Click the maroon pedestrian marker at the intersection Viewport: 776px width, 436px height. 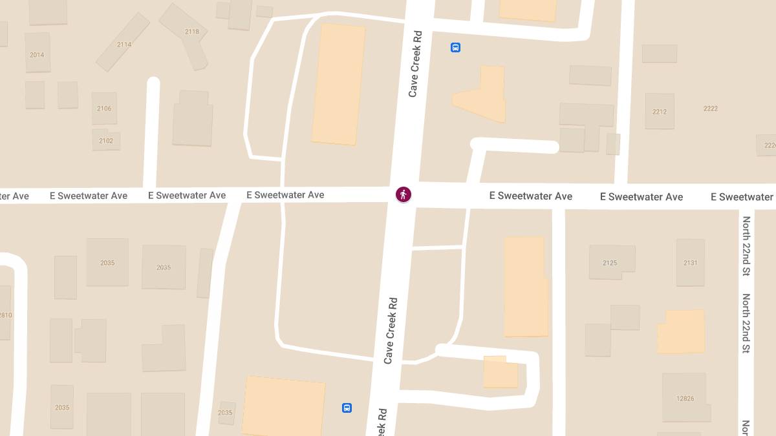click(x=404, y=194)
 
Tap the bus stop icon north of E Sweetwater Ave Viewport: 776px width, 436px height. click(x=455, y=47)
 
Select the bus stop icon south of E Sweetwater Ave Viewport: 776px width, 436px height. click(x=347, y=408)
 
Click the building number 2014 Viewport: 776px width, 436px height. click(x=37, y=55)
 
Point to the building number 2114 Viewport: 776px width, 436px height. click(x=124, y=45)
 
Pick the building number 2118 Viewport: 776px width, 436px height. click(x=191, y=32)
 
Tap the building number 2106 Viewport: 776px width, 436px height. click(x=104, y=109)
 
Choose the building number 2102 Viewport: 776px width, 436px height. click(x=106, y=141)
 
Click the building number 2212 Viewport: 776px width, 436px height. click(x=660, y=112)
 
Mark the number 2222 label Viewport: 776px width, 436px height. click(x=711, y=109)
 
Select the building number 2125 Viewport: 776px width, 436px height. click(x=610, y=263)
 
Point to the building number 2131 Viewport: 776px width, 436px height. click(x=691, y=263)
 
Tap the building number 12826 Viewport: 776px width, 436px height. click(x=685, y=399)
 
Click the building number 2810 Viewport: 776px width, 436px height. click(x=5, y=315)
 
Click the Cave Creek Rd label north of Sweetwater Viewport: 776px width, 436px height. click(x=414, y=63)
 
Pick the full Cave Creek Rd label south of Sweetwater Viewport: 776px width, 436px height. click(x=390, y=330)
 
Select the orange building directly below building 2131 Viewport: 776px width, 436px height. click(x=682, y=331)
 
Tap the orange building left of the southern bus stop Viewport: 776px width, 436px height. click(x=284, y=407)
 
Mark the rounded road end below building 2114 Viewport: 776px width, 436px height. click(x=153, y=83)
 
